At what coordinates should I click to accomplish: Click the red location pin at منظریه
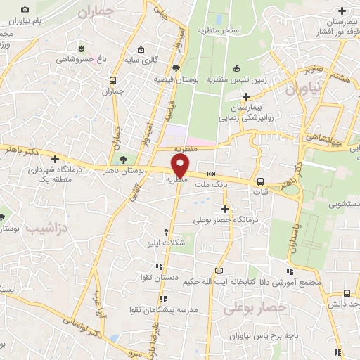pos(181,166)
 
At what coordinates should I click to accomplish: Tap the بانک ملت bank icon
pos(210,174)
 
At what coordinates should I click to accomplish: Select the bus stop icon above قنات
pos(261,179)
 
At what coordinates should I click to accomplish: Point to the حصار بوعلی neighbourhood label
pos(256,307)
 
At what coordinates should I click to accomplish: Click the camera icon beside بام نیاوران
pos(25,10)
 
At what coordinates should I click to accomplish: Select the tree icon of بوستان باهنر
pos(124,160)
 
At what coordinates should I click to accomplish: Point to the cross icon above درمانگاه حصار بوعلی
pos(225,209)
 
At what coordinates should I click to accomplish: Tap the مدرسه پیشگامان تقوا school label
pos(162,309)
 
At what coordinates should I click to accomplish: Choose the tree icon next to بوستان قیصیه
pos(176,68)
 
